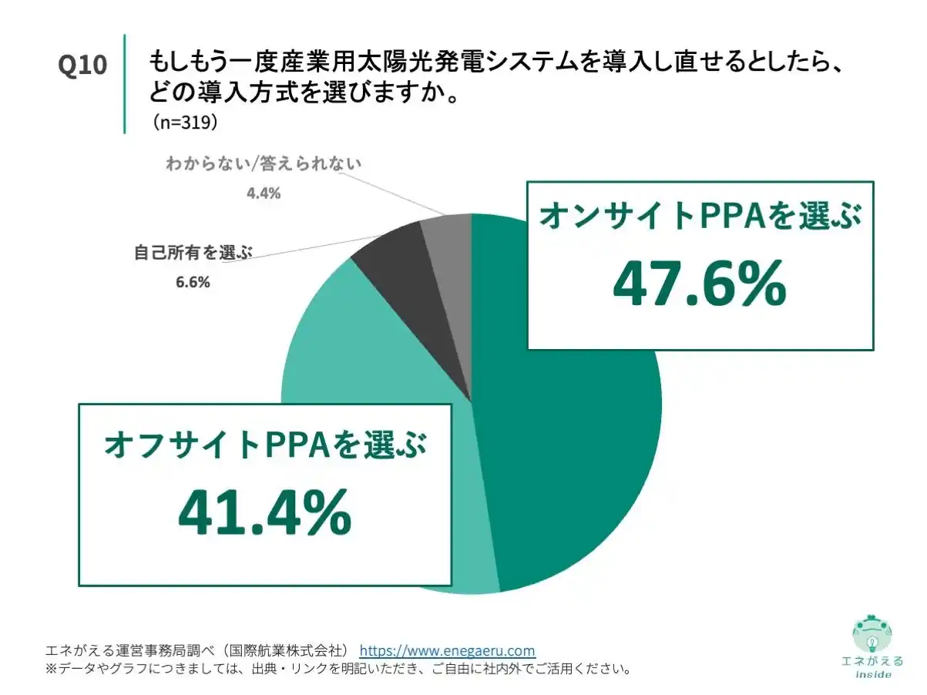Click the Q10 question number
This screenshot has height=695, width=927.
(x=82, y=65)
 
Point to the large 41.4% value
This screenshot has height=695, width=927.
(x=264, y=514)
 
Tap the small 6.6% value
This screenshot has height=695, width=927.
(x=193, y=282)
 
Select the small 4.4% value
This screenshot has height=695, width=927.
(x=263, y=193)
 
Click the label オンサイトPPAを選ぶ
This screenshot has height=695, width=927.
(x=699, y=217)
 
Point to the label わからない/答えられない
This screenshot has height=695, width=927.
(x=263, y=164)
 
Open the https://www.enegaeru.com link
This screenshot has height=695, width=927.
(x=447, y=650)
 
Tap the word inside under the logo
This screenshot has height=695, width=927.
(x=873, y=674)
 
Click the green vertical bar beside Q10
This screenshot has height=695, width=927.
(x=123, y=83)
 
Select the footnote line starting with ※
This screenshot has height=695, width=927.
(x=339, y=669)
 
